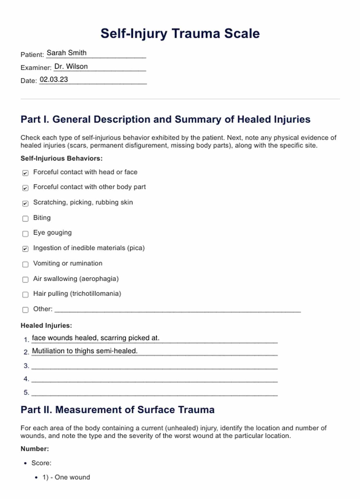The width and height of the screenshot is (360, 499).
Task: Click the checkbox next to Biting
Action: pyautogui.click(x=25, y=219)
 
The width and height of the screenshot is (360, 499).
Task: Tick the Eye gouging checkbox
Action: pyautogui.click(x=25, y=234)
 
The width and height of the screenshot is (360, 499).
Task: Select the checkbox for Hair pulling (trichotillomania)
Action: pyautogui.click(x=25, y=295)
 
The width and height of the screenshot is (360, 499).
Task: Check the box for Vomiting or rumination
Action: pyautogui.click(x=25, y=264)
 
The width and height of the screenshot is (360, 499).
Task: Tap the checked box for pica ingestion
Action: pyautogui.click(x=25, y=249)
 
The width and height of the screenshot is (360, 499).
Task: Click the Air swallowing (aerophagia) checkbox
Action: pyautogui.click(x=25, y=280)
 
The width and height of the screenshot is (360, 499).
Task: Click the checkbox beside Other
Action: pyautogui.click(x=25, y=310)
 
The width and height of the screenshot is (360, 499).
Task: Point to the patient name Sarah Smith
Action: pyautogui.click(x=66, y=53)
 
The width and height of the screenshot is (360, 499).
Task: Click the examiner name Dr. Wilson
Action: pyautogui.click(x=71, y=66)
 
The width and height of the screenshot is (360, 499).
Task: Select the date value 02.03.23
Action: pyautogui.click(x=54, y=80)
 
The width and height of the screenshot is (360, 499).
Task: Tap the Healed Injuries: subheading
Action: pyautogui.click(x=46, y=325)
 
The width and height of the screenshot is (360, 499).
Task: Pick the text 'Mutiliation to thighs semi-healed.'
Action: pyautogui.click(x=85, y=351)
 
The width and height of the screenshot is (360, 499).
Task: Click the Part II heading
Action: pyautogui.click(x=118, y=410)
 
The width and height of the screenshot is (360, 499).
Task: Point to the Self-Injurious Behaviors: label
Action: pyautogui.click(x=62, y=158)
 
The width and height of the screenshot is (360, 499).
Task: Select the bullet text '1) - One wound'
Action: pyautogui.click(x=66, y=477)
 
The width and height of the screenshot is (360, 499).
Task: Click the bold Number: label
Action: pyautogui.click(x=35, y=449)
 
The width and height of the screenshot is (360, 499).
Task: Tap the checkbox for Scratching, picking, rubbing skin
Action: pyautogui.click(x=25, y=204)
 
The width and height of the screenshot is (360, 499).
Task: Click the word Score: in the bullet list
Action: pyautogui.click(x=41, y=463)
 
